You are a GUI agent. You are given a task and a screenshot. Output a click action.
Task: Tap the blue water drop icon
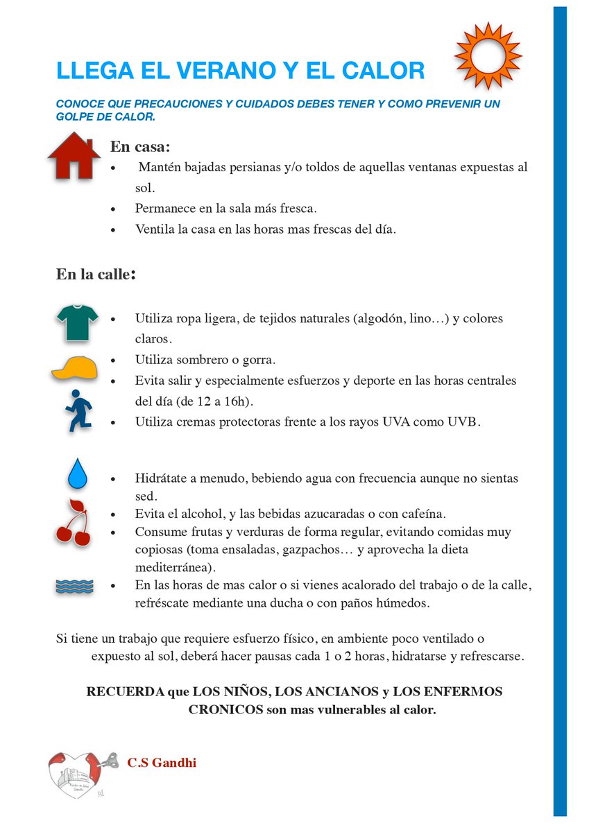tap(76, 475)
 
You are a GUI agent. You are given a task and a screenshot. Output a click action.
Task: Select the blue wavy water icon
tap(74, 587)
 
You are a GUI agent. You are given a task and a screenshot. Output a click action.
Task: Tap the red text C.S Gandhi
tap(162, 763)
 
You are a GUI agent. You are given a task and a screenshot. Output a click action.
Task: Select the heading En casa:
tap(140, 147)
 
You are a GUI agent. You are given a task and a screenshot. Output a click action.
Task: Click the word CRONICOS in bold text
tap(225, 710)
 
